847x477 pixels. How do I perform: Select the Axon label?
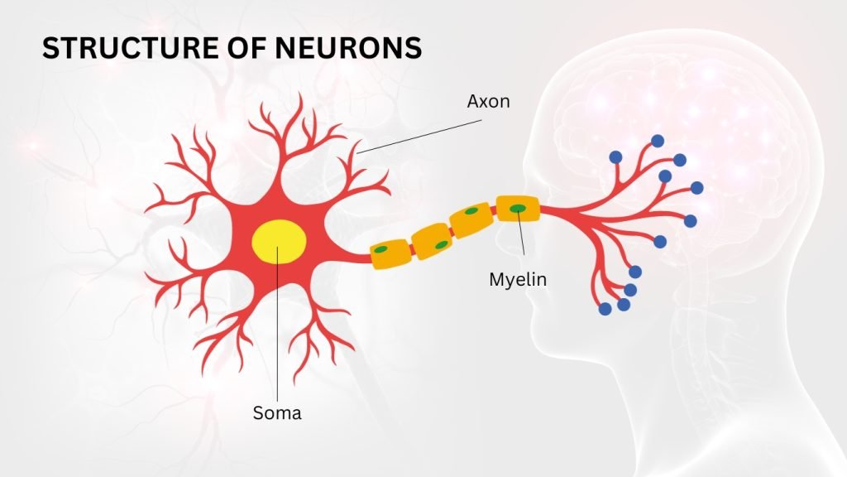[488, 101]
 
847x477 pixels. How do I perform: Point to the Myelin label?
[518, 280]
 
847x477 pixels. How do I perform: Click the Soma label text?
[277, 413]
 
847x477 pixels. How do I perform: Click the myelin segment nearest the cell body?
[390, 254]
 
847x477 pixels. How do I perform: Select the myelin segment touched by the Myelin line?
[518, 208]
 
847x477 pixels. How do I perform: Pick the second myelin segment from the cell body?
[432, 242]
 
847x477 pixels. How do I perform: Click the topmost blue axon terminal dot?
[658, 141]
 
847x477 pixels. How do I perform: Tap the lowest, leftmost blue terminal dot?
[605, 309]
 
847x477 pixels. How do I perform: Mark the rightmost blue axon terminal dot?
[696, 188]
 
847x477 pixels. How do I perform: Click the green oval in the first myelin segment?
[381, 249]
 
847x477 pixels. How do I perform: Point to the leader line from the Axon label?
[419, 137]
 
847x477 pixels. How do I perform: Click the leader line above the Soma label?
[278, 324]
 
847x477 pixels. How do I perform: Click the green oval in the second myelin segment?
[442, 245]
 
